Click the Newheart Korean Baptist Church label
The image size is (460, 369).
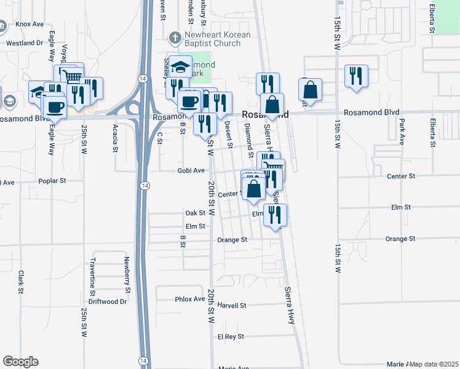[219, 39]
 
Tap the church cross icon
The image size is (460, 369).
[176, 37]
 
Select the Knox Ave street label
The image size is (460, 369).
[30, 24]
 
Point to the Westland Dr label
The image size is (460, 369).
[25, 43]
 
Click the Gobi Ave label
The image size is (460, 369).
[190, 170]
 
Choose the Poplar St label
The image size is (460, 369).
[52, 181]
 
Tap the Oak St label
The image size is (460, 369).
[195, 213]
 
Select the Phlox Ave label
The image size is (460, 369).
[190, 299]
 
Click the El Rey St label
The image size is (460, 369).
[231, 337]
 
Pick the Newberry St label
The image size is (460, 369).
[128, 275]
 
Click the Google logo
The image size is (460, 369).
[20, 362]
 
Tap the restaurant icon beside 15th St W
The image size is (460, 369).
[356, 76]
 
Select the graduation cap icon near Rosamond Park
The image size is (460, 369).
[181, 66]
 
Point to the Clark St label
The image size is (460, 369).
[20, 282]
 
